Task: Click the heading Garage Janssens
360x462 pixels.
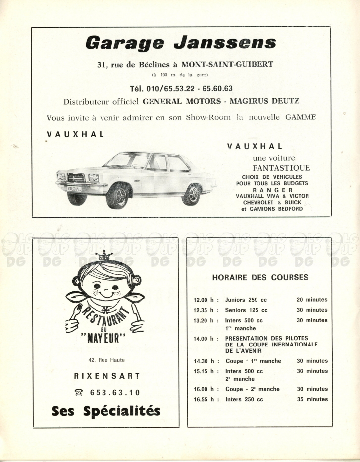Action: (181, 43)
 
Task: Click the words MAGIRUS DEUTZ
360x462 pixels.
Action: (268, 101)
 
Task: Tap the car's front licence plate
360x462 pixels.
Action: (74, 189)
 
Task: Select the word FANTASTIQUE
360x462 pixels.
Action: (281, 168)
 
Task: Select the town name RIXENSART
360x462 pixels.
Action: (106, 376)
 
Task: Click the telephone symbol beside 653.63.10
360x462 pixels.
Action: (78, 393)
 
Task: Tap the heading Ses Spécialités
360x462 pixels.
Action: (106, 411)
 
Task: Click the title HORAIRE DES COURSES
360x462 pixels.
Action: (259, 278)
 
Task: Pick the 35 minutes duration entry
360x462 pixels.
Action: (312, 399)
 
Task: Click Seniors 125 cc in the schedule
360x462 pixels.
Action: (246, 310)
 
